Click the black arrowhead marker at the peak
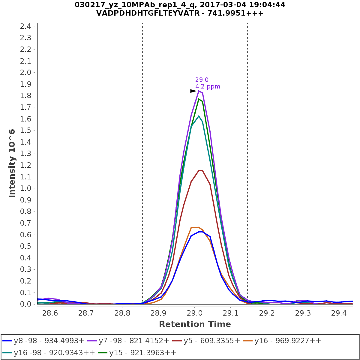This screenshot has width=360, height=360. click(193, 91)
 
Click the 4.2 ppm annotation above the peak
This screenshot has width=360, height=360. click(208, 87)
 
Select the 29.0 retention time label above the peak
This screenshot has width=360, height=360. click(202, 80)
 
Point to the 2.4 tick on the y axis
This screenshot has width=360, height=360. click(25, 26)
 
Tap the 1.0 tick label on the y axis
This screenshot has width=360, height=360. click(25, 188)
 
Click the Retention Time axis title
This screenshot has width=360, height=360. click(195, 324)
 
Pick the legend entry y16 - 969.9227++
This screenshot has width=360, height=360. click(288, 341)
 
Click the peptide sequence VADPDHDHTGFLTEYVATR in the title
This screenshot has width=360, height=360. click(159, 13)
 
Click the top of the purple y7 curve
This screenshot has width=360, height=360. click(199, 91)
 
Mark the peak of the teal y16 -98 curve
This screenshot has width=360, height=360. click(199, 116)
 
